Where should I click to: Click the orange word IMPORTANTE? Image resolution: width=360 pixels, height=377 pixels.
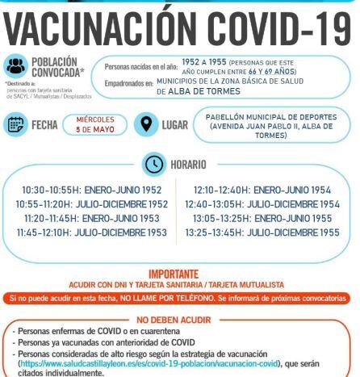(x=180, y=274)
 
